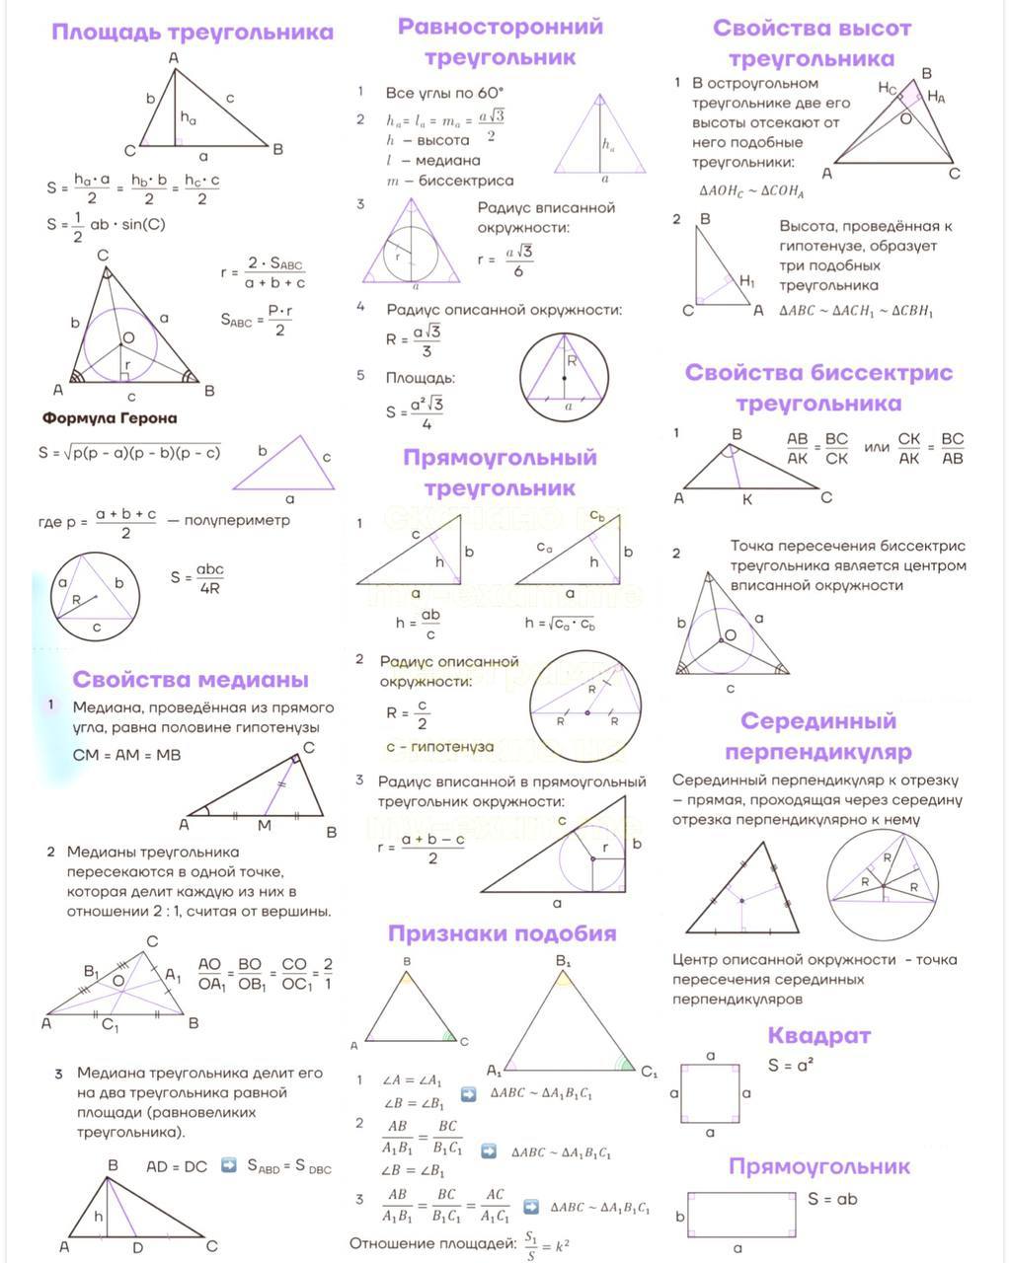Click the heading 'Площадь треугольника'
click(193, 32)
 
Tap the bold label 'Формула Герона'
click(110, 418)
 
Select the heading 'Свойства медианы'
click(191, 679)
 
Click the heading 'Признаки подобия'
click(502, 933)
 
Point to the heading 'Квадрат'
click(818, 1035)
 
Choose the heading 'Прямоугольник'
click(818, 1166)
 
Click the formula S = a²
click(791, 1066)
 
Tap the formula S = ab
click(832, 1199)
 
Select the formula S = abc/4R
click(197, 579)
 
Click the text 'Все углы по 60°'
click(444, 93)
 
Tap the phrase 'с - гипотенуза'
click(439, 747)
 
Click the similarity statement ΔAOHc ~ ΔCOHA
click(751, 191)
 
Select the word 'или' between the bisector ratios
click(877, 447)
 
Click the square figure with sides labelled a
click(710, 1093)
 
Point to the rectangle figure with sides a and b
click(740, 1216)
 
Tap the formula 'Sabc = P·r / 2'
click(257, 319)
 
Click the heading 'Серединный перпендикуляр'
click(817, 736)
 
